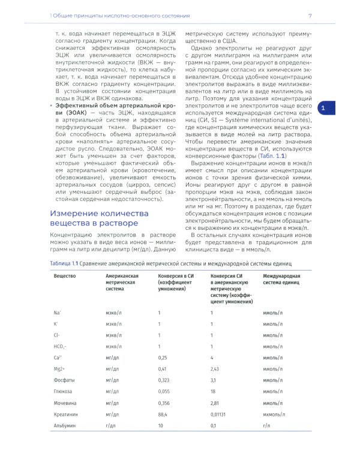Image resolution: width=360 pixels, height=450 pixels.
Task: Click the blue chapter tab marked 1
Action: click(323, 108)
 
